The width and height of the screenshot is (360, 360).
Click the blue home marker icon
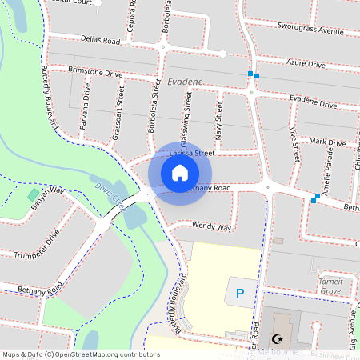[x=180, y=172]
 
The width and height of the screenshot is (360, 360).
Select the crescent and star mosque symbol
[x=278, y=339]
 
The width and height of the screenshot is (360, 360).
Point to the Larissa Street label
[x=193, y=151]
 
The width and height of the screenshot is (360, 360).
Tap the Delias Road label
[x=99, y=39]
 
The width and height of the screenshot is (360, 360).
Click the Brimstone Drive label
[x=95, y=73]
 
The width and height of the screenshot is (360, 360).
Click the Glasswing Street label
[x=187, y=119]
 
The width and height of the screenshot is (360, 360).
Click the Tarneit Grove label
[x=330, y=286]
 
